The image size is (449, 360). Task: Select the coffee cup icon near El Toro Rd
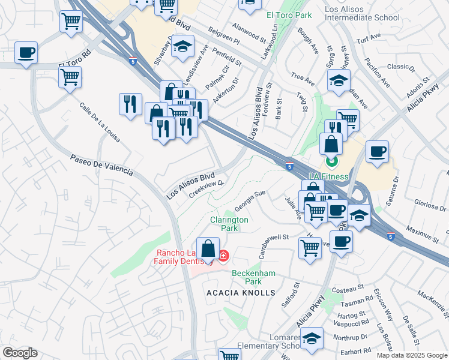(26, 53)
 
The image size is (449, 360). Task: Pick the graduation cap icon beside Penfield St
(182, 46)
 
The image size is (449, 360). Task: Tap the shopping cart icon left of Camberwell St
(310, 246)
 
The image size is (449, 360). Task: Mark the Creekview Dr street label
(206, 188)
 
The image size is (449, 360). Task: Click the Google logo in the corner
(20, 353)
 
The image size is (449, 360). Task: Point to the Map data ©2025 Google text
(411, 355)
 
